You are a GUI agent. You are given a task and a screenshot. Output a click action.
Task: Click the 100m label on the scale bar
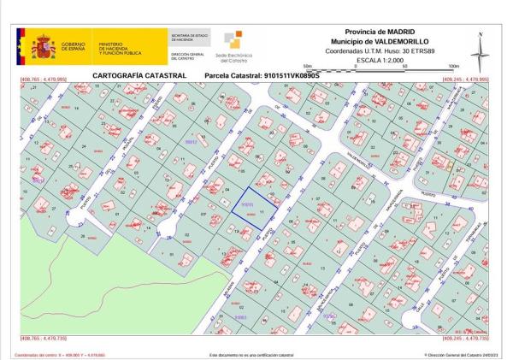(453, 66)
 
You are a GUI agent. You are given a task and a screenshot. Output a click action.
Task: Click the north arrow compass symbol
(481, 52)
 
